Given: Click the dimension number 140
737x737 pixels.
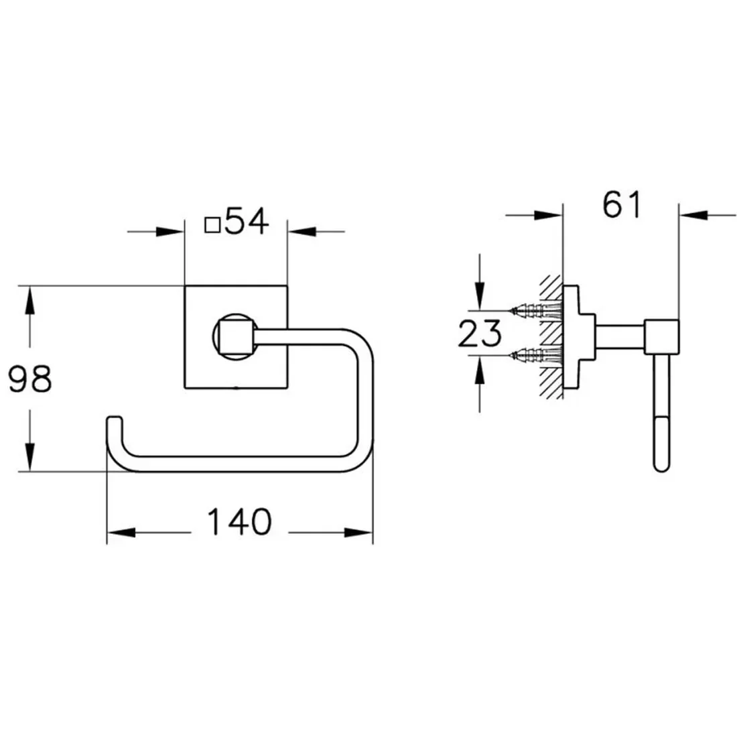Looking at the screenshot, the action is (x=239, y=521).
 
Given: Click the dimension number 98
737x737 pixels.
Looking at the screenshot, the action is (x=30, y=379).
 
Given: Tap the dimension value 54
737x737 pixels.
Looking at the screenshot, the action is (x=247, y=221).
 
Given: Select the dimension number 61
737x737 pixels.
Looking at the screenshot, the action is (x=621, y=204).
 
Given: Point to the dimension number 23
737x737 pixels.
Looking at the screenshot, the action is (x=480, y=333).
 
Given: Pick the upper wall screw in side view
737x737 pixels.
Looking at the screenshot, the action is (x=536, y=310).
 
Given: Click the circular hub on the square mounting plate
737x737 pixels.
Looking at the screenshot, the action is (x=234, y=336).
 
